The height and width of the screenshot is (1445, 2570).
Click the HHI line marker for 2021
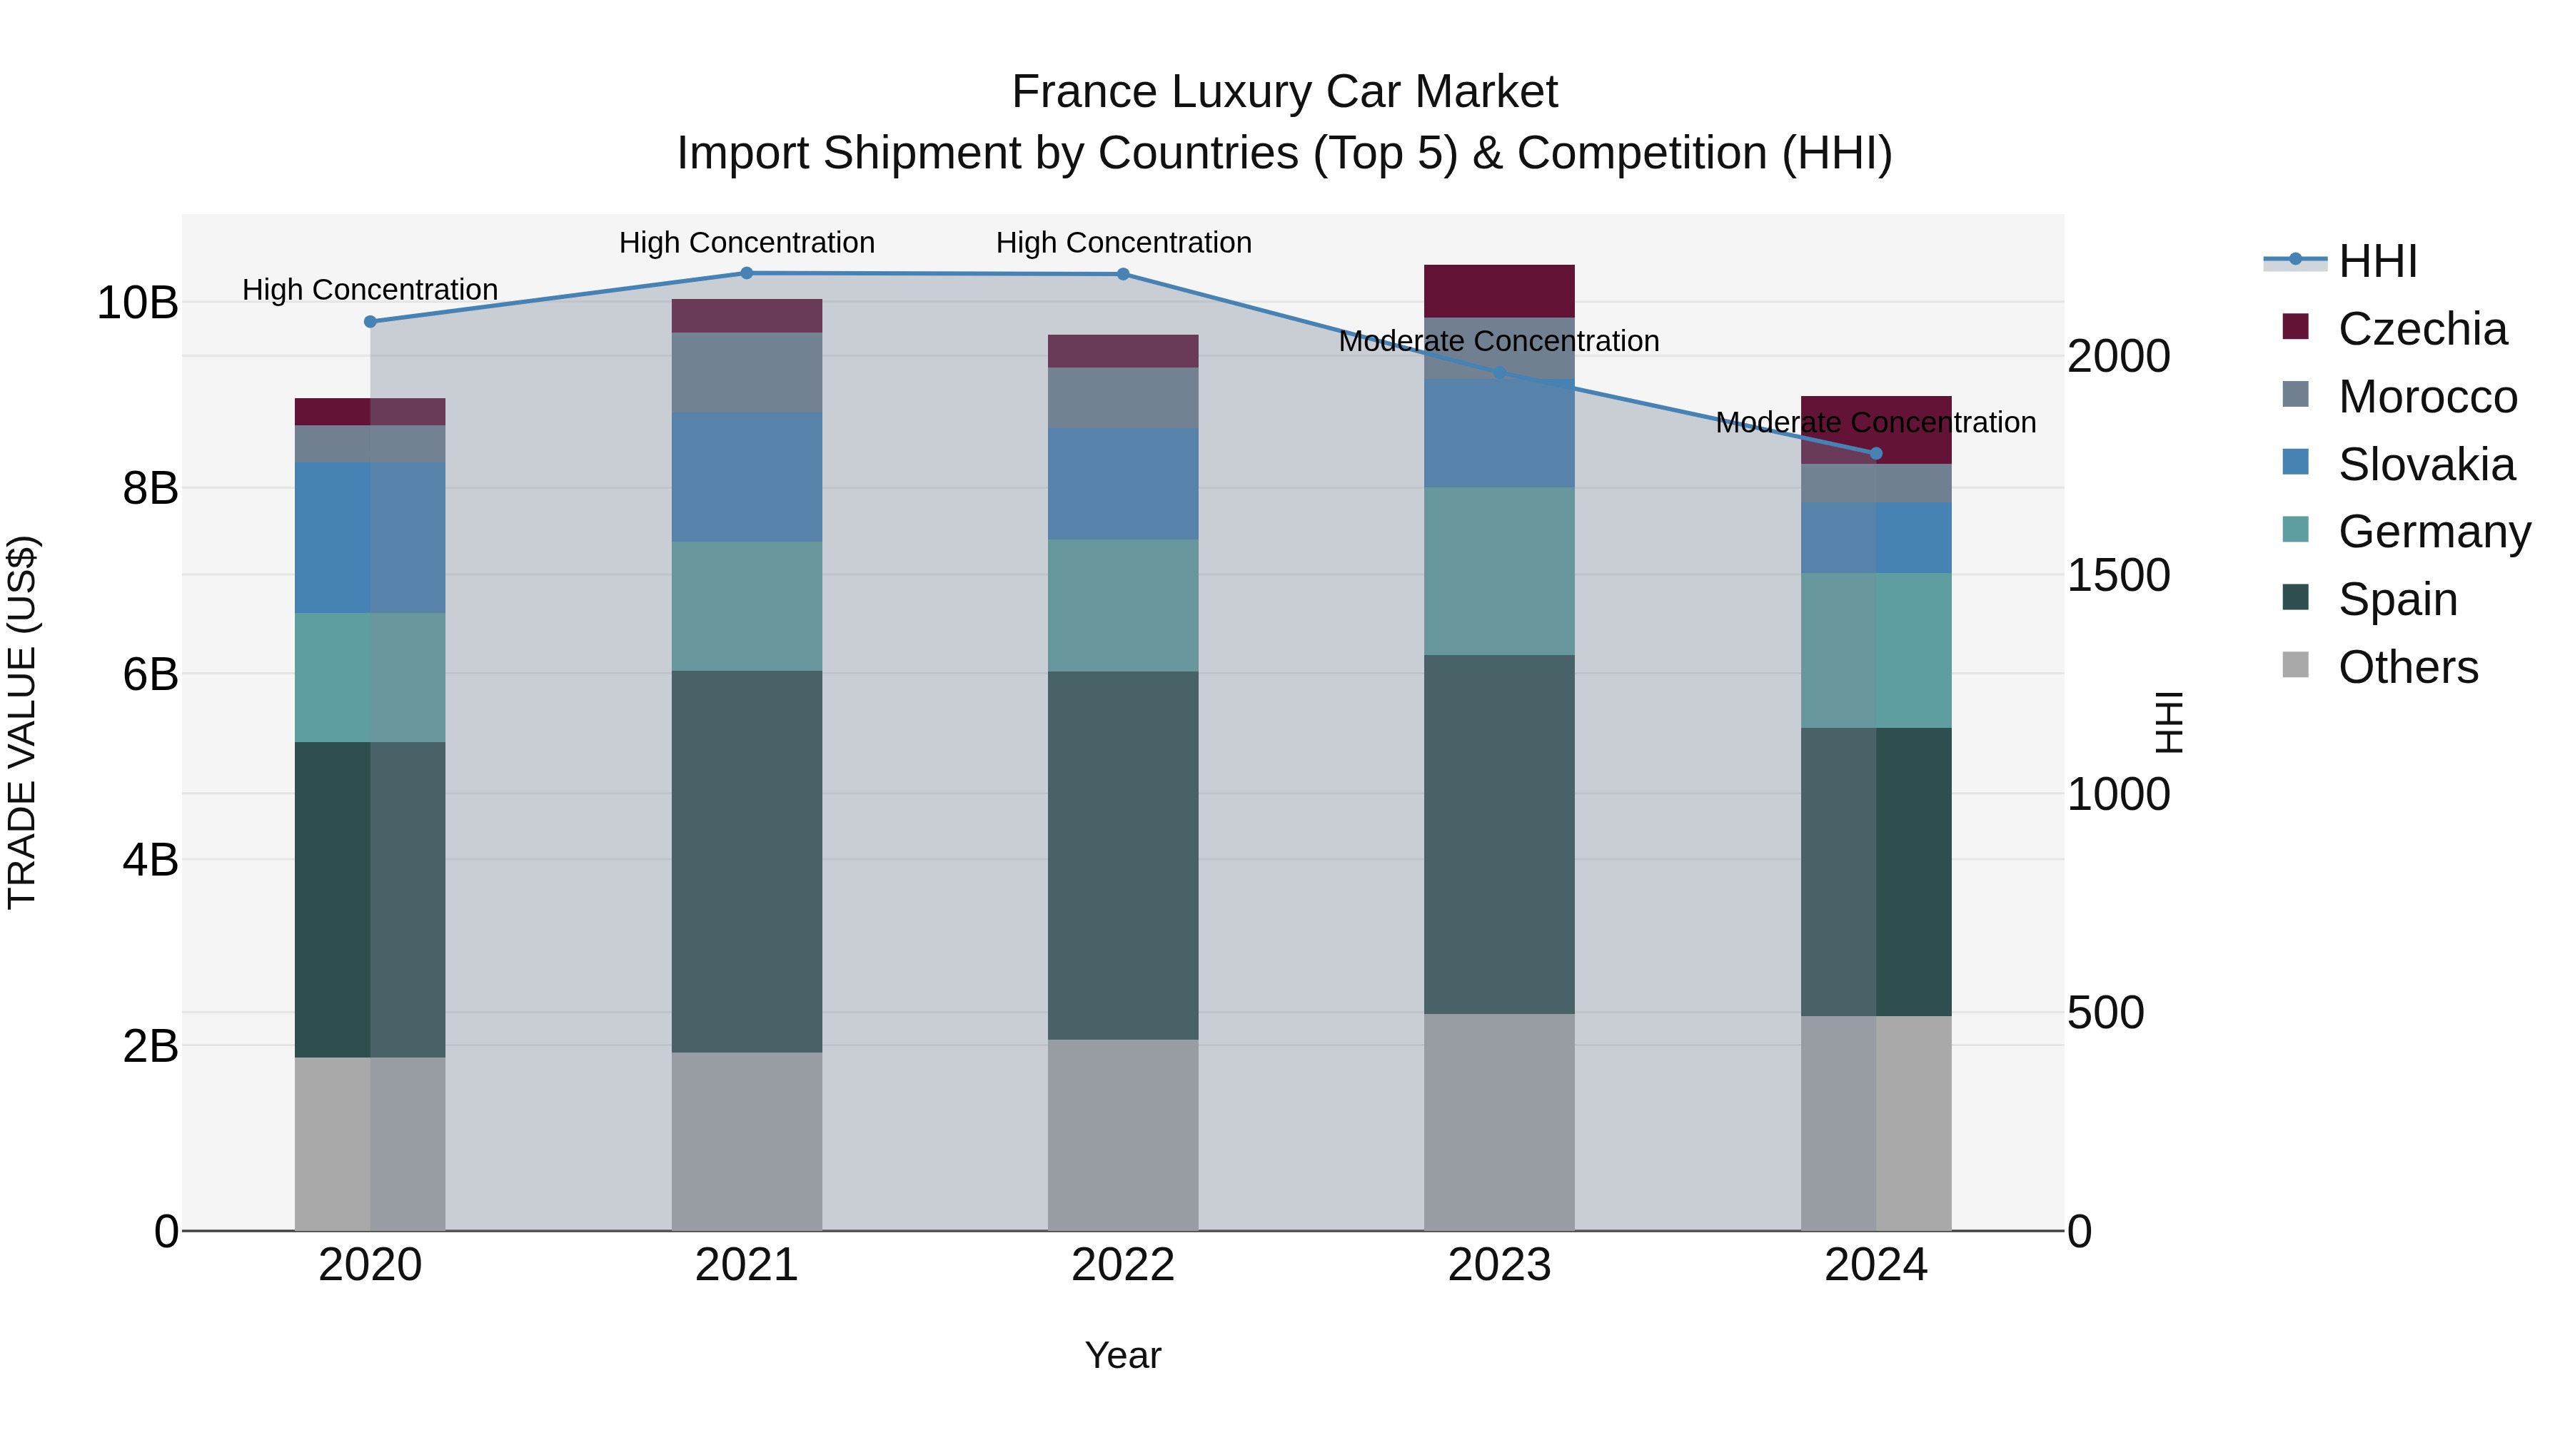tap(746, 273)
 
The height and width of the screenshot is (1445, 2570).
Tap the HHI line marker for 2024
tap(1875, 454)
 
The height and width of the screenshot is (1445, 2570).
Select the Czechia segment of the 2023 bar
tap(1498, 291)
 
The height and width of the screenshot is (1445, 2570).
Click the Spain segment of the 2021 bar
tap(746, 861)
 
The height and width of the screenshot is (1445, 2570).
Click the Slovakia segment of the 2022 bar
tap(1122, 484)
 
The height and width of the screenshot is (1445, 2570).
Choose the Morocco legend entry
tap(2427, 397)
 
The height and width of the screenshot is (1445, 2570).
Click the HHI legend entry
tap(2377, 261)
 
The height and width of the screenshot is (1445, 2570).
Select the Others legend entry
tap(2407, 667)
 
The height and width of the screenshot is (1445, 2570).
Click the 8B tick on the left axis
tap(150, 489)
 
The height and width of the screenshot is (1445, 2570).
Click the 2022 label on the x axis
tap(1122, 1265)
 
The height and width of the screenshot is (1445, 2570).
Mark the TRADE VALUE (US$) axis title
tap(22, 722)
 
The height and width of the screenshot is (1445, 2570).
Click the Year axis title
tap(1122, 1355)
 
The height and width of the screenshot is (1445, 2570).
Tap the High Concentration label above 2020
tap(369, 290)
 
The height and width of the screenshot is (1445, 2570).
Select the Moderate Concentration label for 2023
tap(1498, 341)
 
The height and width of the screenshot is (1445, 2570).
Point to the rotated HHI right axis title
tap(2169, 722)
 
